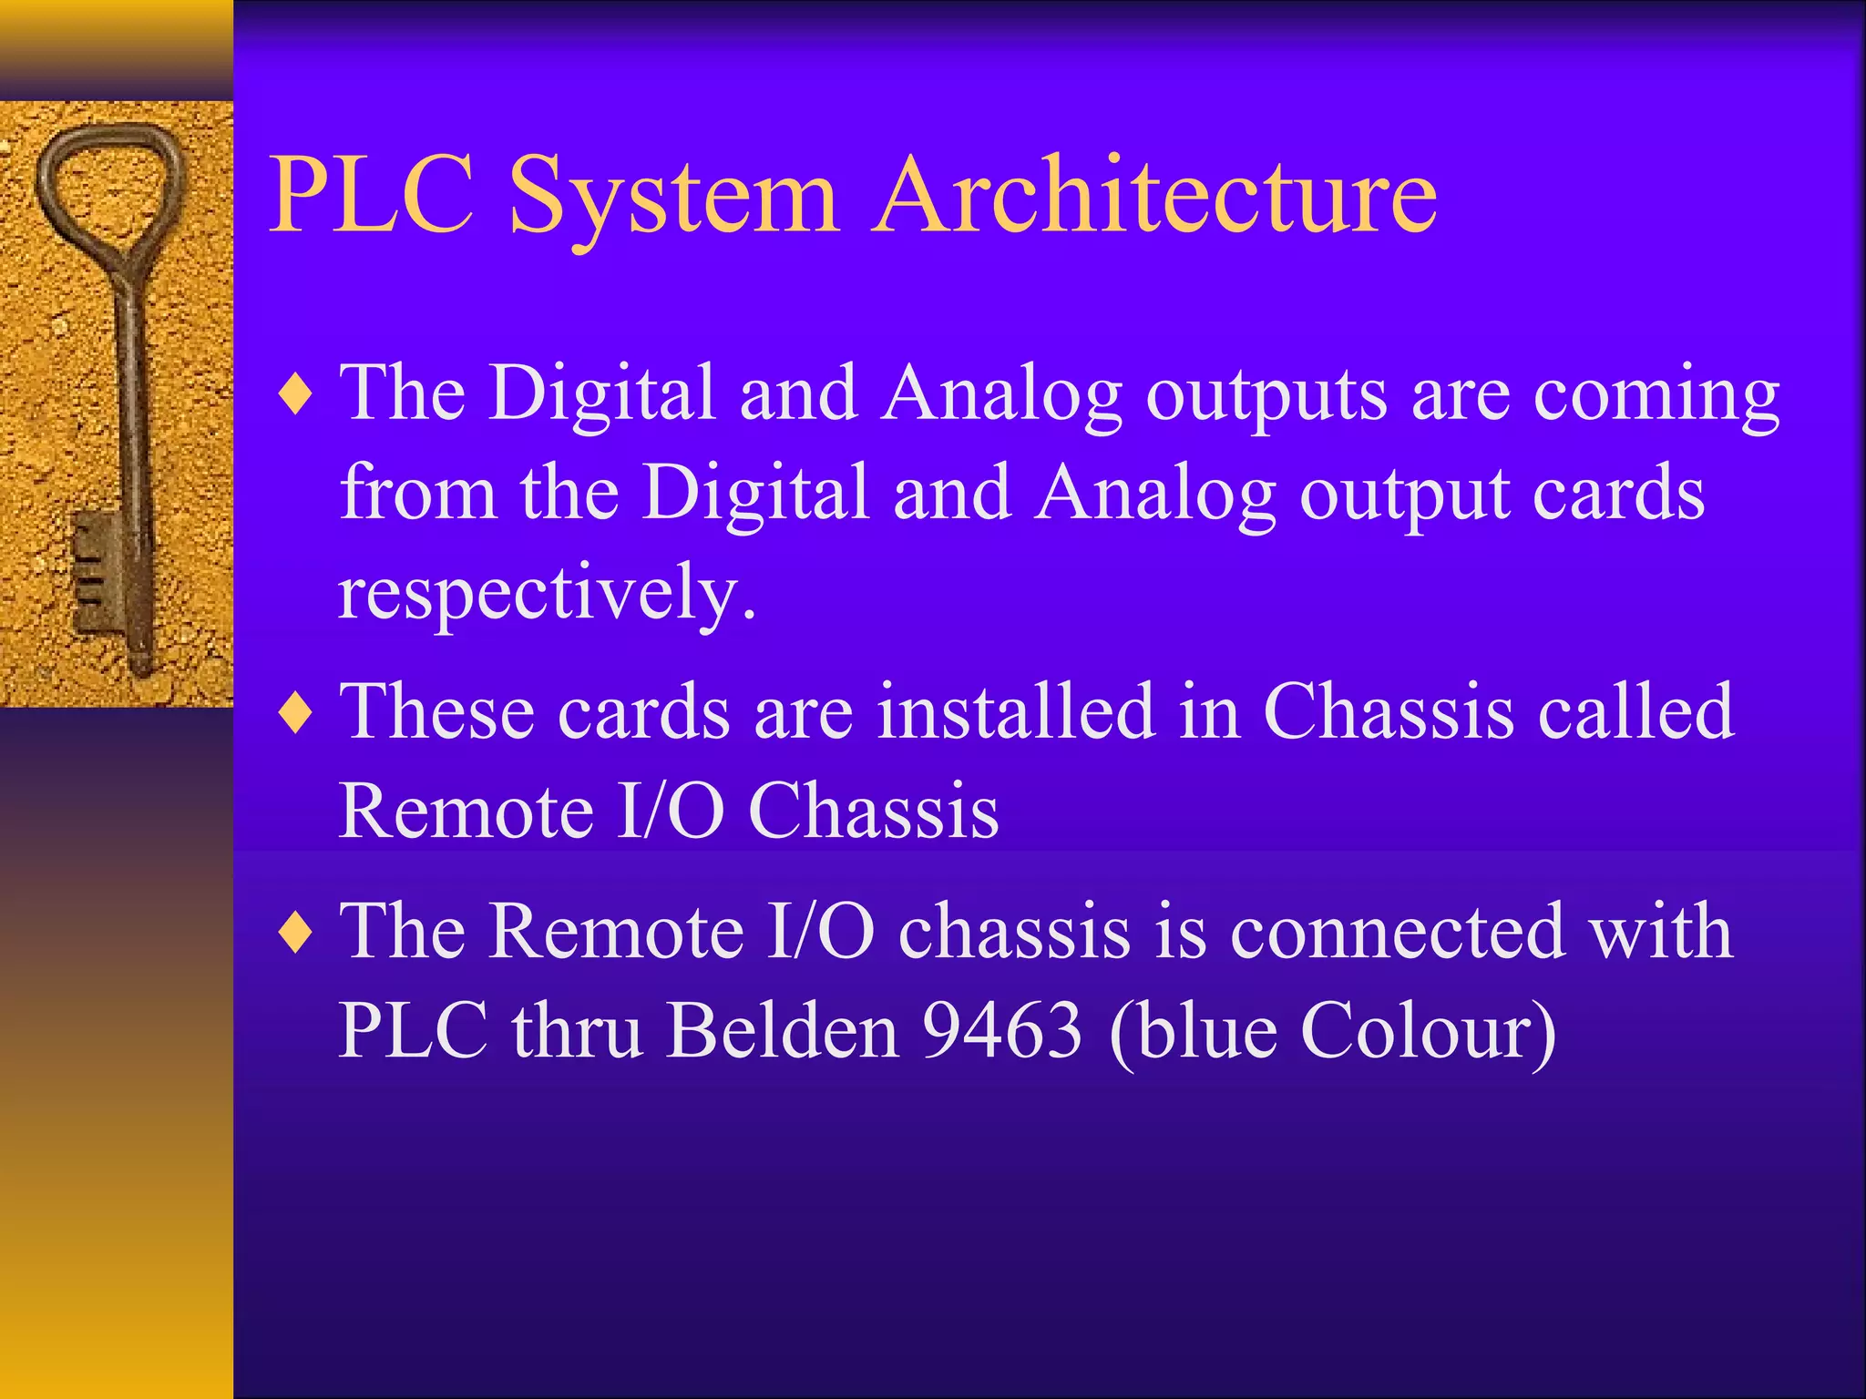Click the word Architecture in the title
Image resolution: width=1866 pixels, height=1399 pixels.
(1154, 196)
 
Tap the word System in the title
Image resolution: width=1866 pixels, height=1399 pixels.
(673, 200)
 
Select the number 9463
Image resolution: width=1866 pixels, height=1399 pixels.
(1002, 1030)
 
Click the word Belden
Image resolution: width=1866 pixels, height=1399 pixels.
(782, 1030)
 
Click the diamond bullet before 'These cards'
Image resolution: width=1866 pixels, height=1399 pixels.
(297, 712)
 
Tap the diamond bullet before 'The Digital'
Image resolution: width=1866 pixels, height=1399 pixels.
(297, 395)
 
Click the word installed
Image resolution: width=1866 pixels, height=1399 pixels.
(1017, 711)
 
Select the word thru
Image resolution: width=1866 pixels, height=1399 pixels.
(577, 1030)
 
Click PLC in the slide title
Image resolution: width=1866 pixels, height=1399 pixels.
(373, 196)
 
